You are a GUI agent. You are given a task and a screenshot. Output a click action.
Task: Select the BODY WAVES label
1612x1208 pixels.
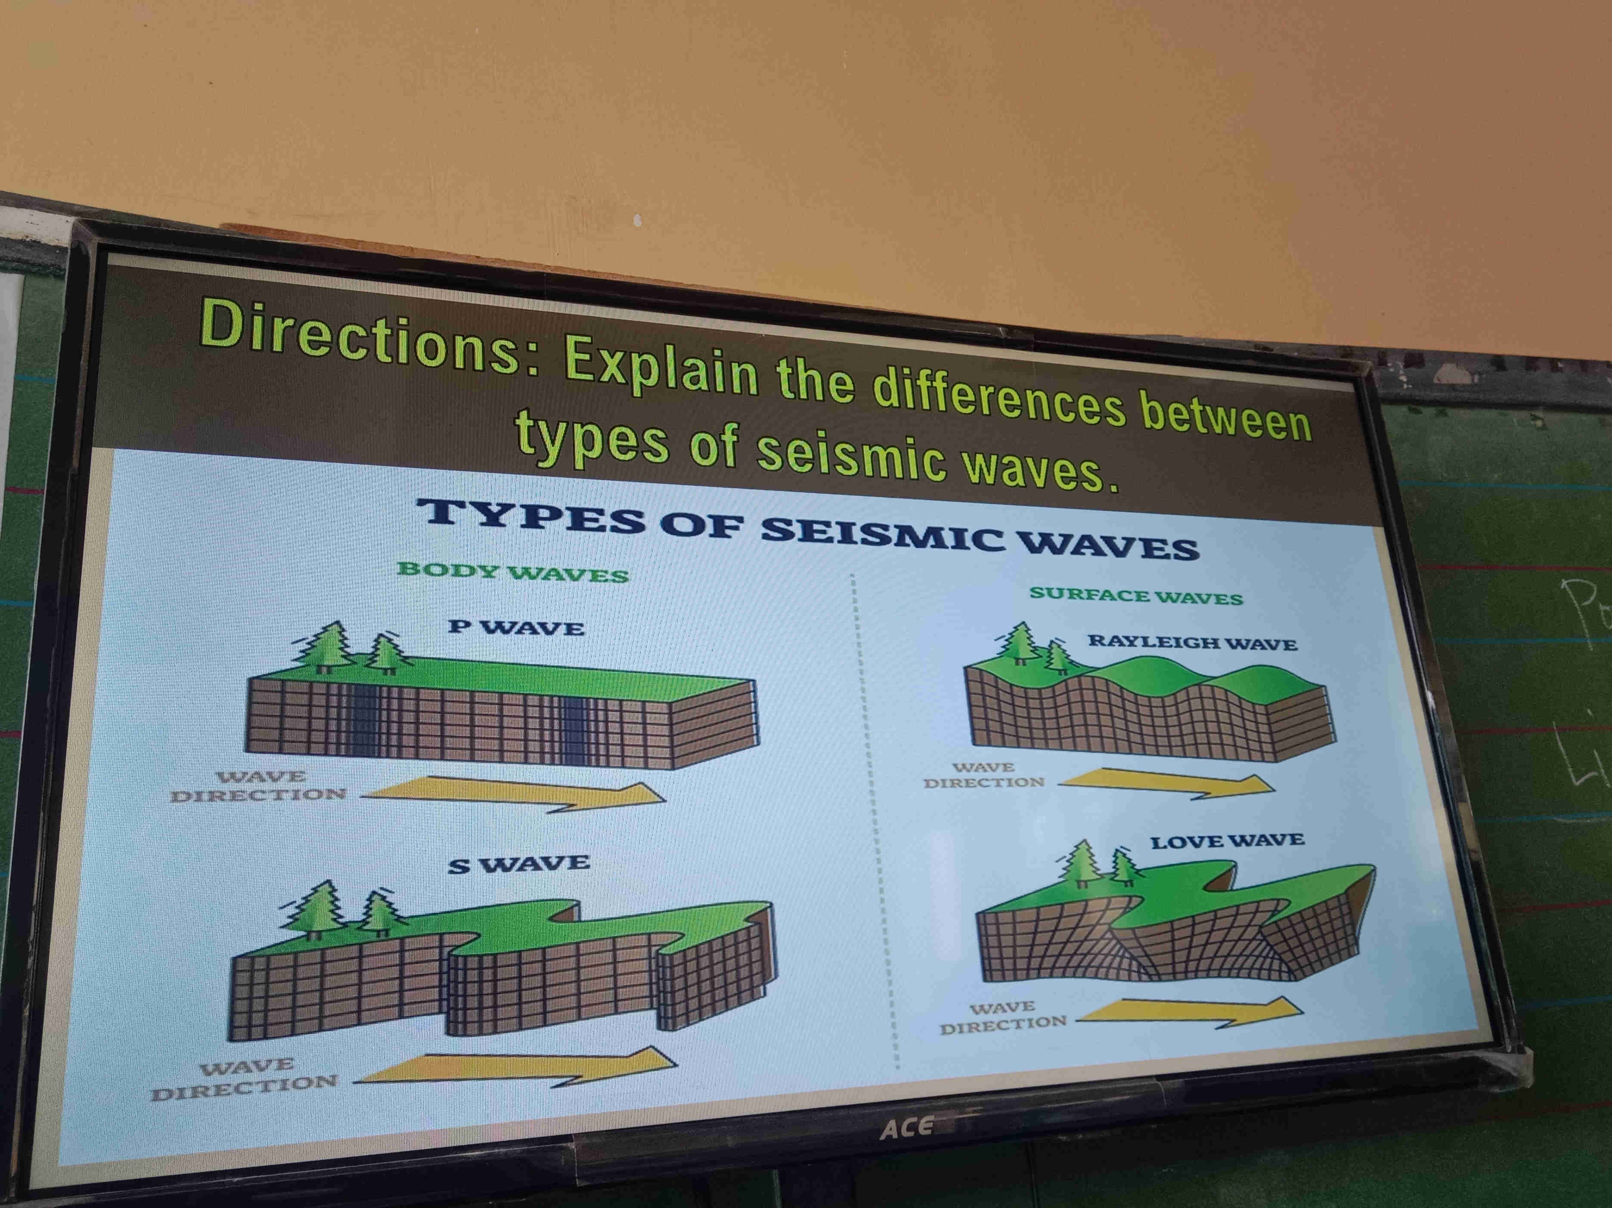pos(512,572)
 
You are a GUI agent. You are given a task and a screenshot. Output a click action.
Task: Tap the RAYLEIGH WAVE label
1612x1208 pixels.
pos(1192,642)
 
